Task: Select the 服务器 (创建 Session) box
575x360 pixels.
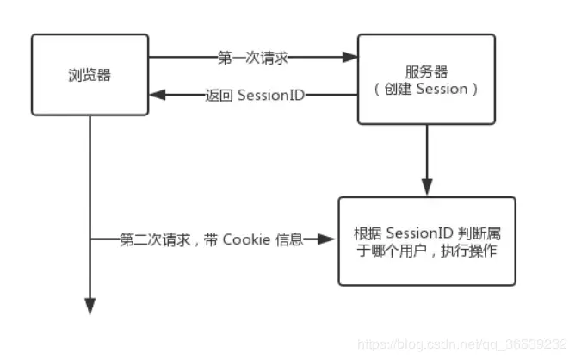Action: point(426,78)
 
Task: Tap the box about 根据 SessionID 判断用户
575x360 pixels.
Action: point(426,241)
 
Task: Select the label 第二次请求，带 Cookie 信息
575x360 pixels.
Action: point(212,239)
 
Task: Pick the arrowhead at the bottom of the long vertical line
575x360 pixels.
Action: point(90,306)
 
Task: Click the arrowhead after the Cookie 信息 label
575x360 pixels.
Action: point(328,239)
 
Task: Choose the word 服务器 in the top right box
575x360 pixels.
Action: point(426,71)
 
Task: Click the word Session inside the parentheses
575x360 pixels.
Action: point(440,88)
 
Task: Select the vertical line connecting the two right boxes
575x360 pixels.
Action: point(426,155)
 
